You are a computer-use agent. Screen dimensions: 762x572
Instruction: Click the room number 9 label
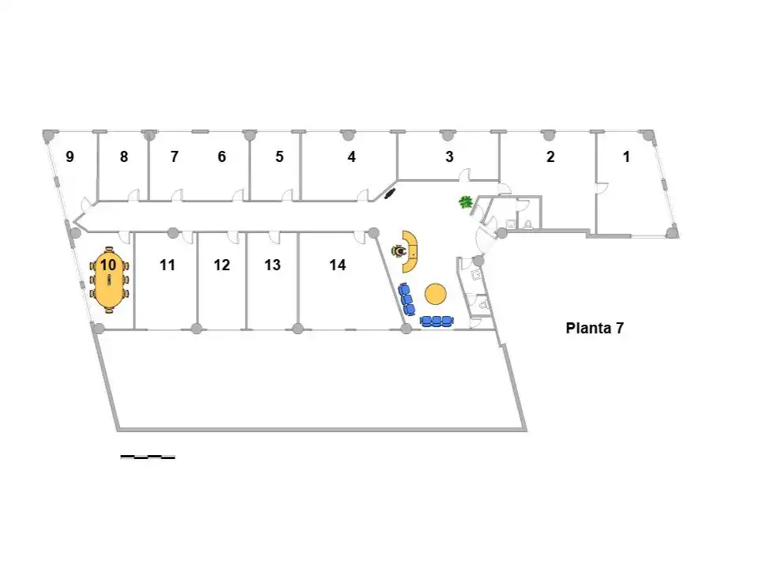click(x=70, y=156)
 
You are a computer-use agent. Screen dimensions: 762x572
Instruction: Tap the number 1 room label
click(x=626, y=156)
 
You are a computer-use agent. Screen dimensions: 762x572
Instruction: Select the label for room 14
click(x=337, y=265)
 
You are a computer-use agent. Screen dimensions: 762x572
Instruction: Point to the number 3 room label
click(x=449, y=156)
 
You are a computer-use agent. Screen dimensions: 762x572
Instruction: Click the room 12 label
click(x=222, y=265)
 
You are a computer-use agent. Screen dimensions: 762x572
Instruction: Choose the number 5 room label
click(x=280, y=156)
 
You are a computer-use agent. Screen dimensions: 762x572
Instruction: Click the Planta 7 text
click(x=595, y=328)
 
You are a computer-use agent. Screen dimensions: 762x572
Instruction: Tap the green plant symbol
click(x=466, y=201)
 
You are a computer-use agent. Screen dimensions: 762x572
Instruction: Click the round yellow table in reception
click(x=435, y=294)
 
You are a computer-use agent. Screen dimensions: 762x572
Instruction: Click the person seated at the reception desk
click(x=400, y=251)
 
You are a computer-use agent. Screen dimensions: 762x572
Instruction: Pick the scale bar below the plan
click(x=148, y=457)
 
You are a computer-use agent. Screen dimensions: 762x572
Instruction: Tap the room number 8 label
click(x=124, y=156)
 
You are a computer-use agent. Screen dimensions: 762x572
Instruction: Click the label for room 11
click(x=167, y=265)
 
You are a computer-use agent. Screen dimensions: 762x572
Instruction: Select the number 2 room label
click(x=550, y=156)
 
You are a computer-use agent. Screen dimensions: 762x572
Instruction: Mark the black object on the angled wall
click(x=390, y=194)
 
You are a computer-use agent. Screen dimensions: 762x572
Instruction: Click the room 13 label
click(x=272, y=265)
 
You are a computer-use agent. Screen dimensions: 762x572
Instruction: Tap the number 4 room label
click(x=351, y=156)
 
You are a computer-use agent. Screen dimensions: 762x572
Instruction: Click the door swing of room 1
click(x=603, y=189)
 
